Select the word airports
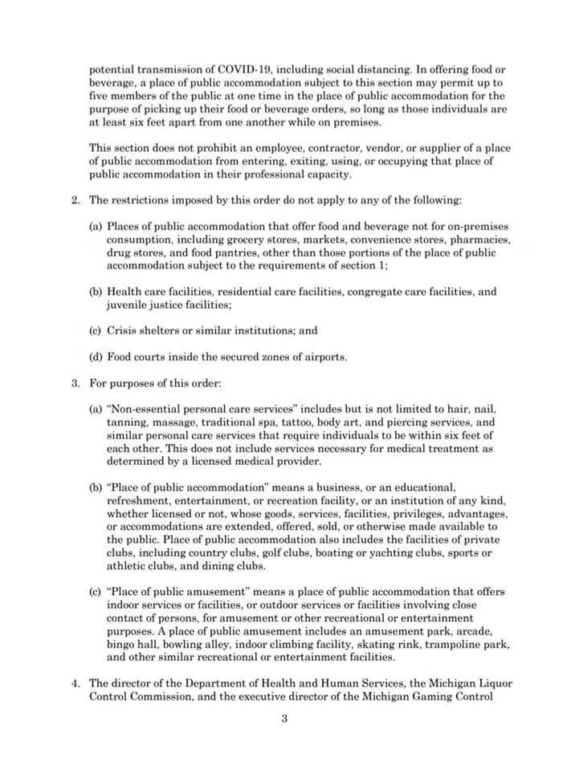(x=324, y=357)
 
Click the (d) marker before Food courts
(x=96, y=357)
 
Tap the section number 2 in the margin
(x=75, y=200)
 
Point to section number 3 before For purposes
(x=75, y=383)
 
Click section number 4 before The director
(x=75, y=684)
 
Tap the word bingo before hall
(x=120, y=644)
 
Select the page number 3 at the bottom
(x=284, y=719)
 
